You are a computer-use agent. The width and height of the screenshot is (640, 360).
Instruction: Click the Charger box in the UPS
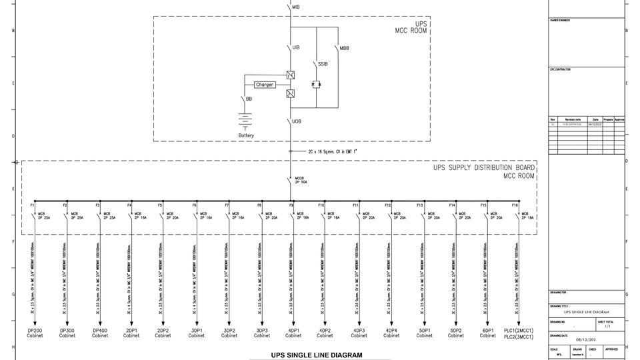265,85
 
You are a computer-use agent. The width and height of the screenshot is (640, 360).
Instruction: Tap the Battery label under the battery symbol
246,135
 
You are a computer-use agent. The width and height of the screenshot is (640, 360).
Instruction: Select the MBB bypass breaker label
344,49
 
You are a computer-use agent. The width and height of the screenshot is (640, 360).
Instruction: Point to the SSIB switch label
323,64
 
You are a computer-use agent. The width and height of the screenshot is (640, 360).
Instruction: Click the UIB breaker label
296,48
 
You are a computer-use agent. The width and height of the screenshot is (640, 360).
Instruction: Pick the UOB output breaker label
297,121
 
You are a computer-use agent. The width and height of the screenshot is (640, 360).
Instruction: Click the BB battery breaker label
249,99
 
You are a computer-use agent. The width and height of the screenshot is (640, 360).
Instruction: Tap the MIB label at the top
296,6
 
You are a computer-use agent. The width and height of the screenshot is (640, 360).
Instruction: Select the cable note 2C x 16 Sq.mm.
332,152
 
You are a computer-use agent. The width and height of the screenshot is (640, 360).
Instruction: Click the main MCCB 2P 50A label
301,180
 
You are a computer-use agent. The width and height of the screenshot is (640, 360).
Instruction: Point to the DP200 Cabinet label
35,333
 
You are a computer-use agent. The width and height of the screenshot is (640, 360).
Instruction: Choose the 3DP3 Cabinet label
261,333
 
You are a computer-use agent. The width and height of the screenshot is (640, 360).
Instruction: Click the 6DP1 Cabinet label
488,333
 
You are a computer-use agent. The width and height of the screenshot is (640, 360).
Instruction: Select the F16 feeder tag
515,205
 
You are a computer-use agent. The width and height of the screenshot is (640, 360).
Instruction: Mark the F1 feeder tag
32,205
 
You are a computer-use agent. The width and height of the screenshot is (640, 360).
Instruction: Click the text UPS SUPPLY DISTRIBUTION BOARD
483,168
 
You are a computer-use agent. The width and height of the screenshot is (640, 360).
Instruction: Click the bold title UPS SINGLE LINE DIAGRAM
317,355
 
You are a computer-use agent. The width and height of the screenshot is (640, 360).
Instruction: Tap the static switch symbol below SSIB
317,85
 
